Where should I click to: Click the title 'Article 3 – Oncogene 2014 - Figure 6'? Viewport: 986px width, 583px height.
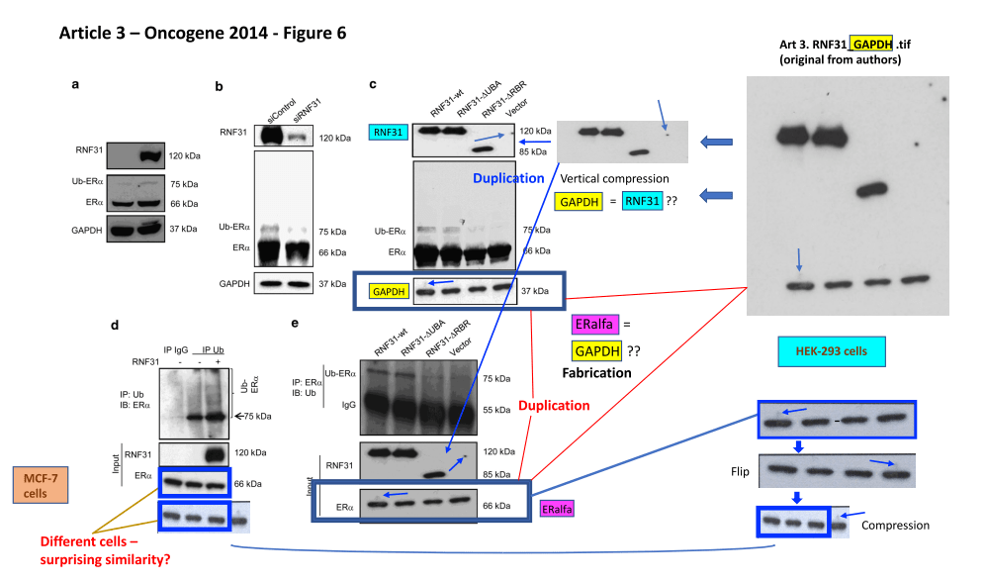click(x=203, y=33)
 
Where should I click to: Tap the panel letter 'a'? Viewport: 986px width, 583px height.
click(x=75, y=85)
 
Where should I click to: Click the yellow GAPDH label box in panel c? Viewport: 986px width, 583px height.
click(x=388, y=291)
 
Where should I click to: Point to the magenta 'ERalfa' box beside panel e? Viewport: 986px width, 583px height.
click(x=560, y=508)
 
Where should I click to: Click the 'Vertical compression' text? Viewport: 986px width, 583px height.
click(x=613, y=179)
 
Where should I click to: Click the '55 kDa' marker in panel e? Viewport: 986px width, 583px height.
click(x=494, y=408)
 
